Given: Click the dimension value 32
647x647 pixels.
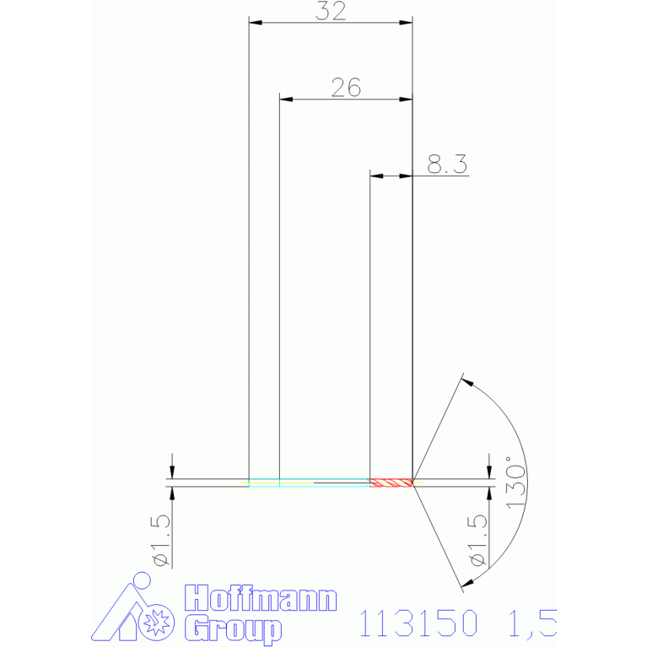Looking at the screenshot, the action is tap(331, 11).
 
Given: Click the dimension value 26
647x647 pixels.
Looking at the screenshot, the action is tap(346, 88).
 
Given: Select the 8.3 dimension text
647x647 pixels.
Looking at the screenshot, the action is tap(447, 164).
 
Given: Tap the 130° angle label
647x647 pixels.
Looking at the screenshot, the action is tap(515, 483).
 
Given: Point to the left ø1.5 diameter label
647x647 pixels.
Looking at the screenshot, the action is tap(161, 541).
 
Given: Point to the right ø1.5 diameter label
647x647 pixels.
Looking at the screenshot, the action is tap(477, 541).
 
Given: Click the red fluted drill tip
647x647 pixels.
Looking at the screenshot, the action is tap(391, 483).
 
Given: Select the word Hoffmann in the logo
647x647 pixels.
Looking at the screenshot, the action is tap(261, 598).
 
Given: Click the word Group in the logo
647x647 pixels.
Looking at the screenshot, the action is tap(233, 628).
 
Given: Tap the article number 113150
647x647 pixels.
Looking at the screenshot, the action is tap(418, 623).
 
